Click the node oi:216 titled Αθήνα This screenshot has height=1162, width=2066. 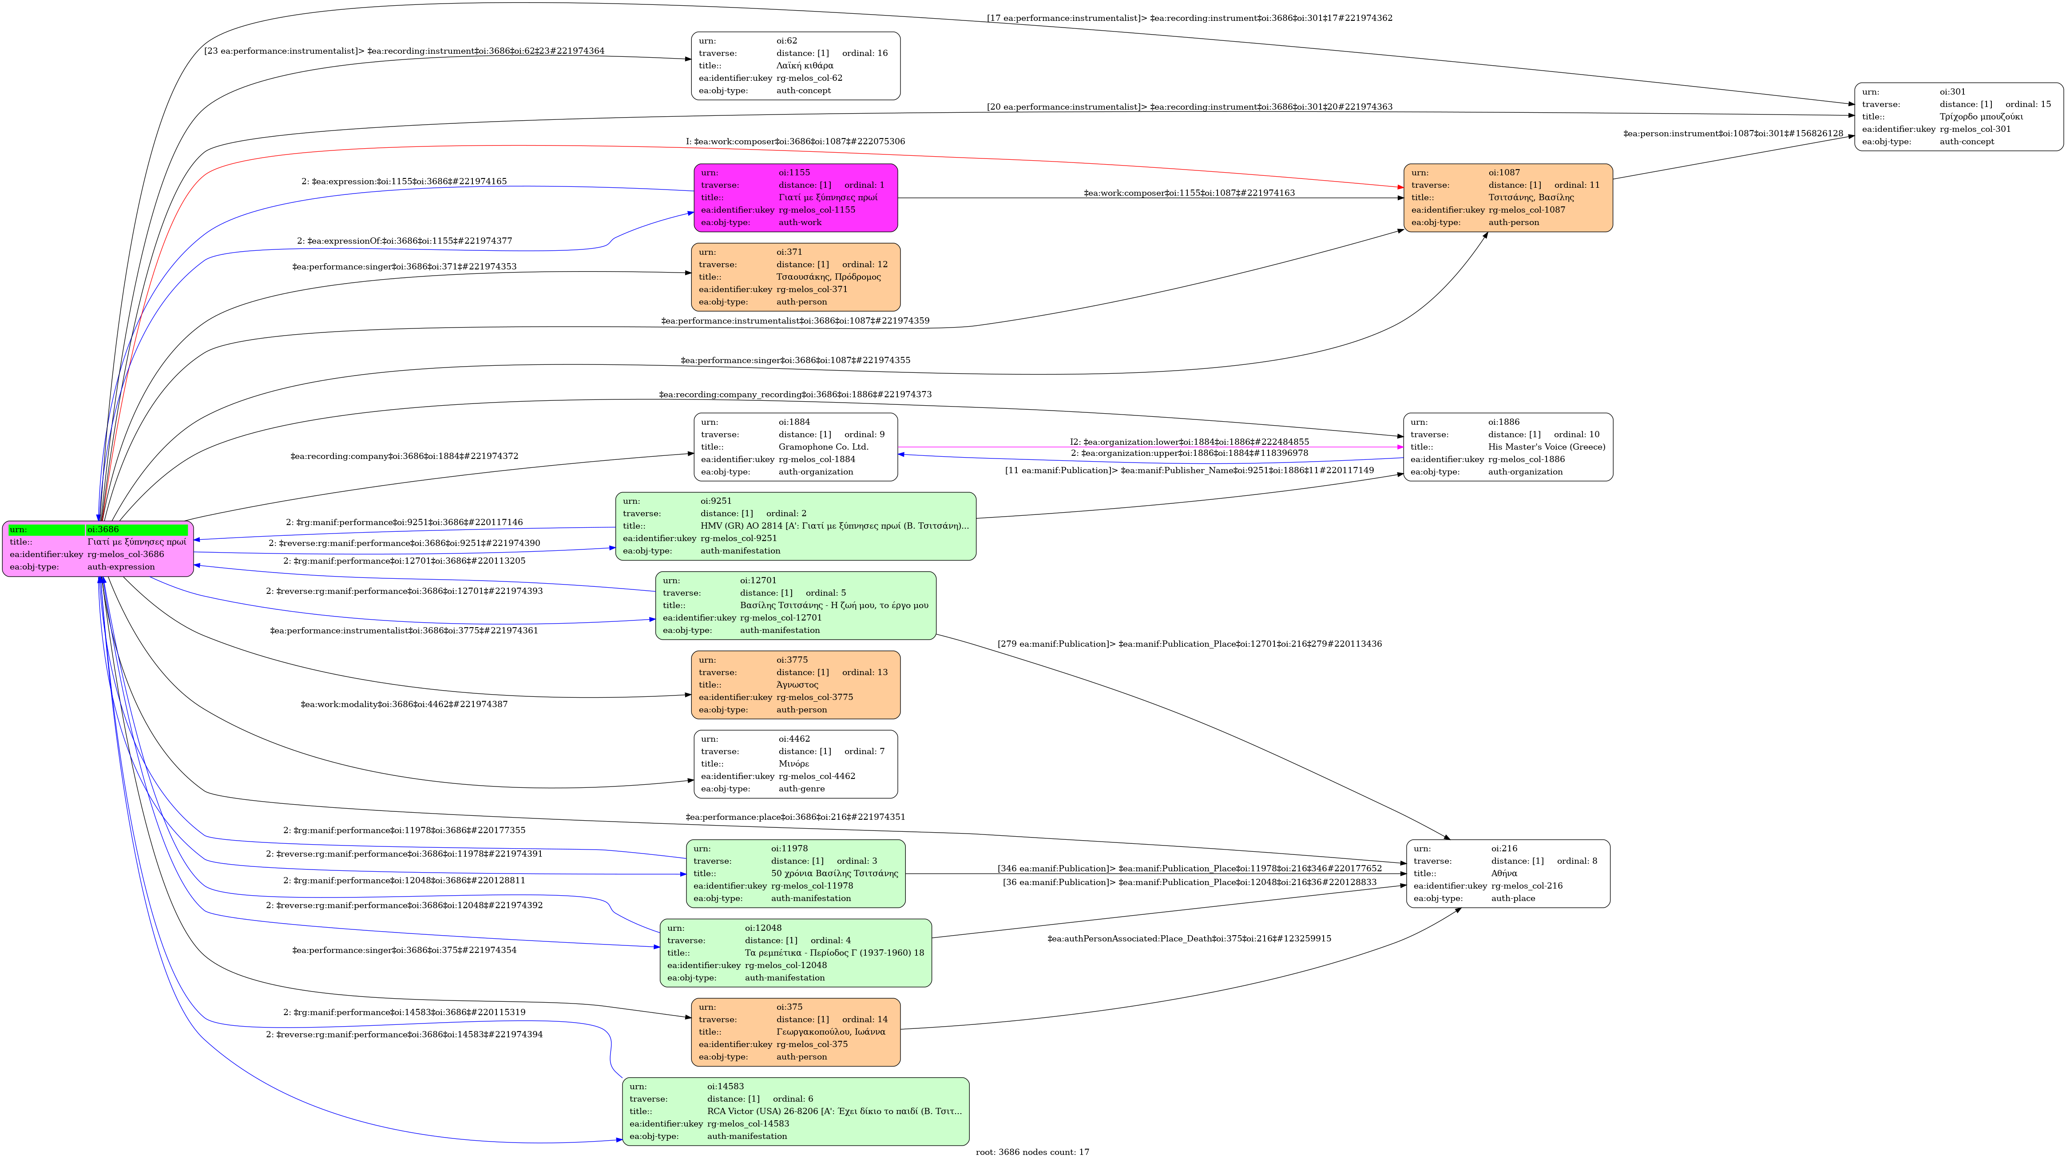coord(1508,874)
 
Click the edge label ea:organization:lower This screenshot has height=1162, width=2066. coord(1189,442)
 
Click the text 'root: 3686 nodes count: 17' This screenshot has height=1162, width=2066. coord(1032,1152)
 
